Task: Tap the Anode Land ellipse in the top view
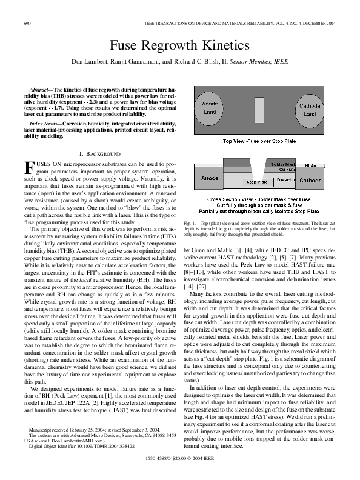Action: pyautogui.click(x=209, y=108)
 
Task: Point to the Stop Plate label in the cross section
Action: pyautogui.click(x=258, y=181)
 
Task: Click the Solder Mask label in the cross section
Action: pyautogui.click(x=283, y=164)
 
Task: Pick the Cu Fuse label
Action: pyautogui.click(x=287, y=170)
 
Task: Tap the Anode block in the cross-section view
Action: pyautogui.click(x=210, y=179)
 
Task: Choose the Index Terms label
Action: pyautogui.click(x=43, y=123)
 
